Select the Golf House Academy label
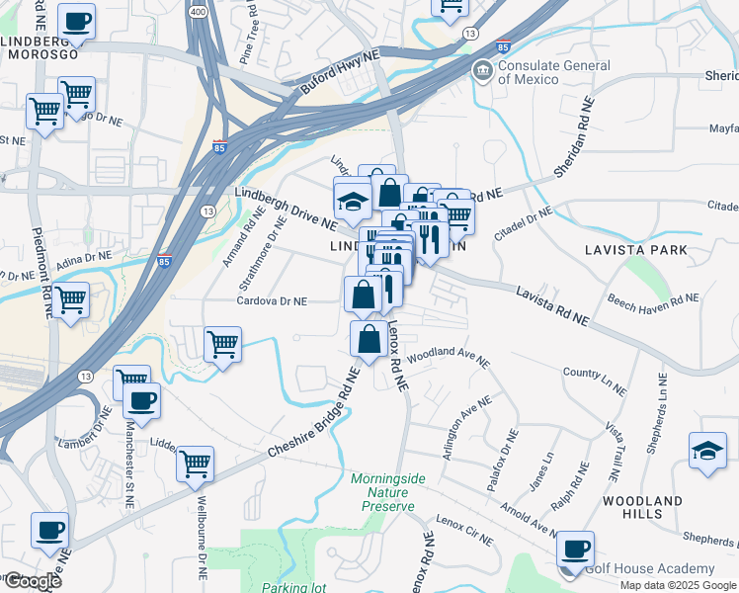tap(649, 568)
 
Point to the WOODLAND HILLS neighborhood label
tap(642, 509)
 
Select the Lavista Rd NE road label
tap(553, 305)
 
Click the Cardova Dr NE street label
tap(272, 301)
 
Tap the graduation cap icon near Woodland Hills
tap(707, 451)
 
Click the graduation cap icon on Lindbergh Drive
tap(353, 203)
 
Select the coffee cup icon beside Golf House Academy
tap(575, 548)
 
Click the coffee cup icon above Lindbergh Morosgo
tap(77, 21)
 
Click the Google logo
tap(32, 581)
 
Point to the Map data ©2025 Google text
tap(678, 585)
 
